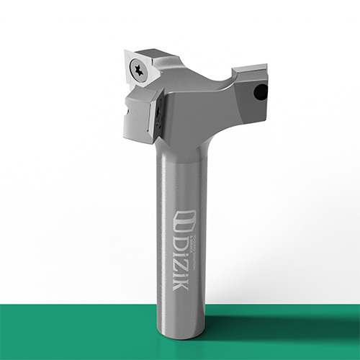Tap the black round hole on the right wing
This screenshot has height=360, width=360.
click(262, 92)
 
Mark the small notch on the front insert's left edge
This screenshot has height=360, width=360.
click(127, 109)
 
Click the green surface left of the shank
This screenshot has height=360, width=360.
click(72, 331)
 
